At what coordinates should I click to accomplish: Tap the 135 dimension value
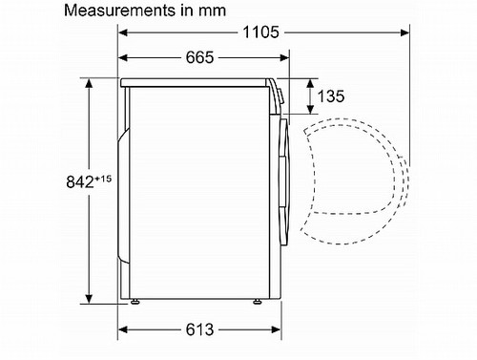[331, 96]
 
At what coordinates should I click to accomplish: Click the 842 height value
[54, 181]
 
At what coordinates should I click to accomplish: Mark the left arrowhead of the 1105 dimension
[123, 32]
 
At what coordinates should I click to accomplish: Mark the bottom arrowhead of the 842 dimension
[90, 298]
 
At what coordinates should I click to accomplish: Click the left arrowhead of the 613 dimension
[123, 330]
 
